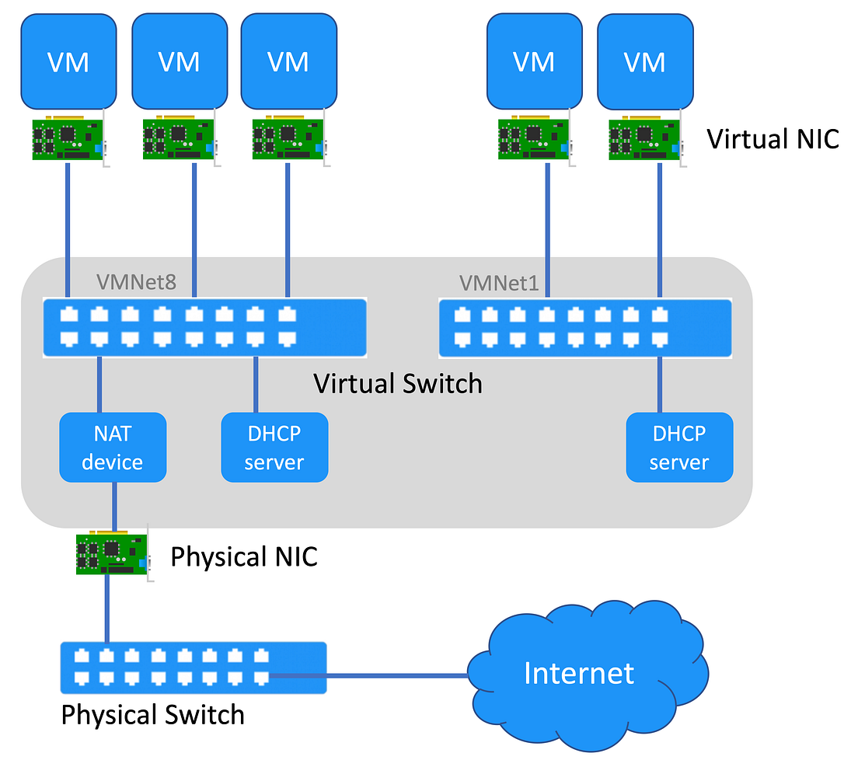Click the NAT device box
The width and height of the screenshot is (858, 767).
pyautogui.click(x=113, y=447)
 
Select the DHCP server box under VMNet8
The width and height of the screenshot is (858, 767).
pyautogui.click(x=274, y=447)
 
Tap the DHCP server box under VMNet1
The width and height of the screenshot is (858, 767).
pyautogui.click(x=679, y=447)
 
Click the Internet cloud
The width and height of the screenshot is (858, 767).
pyautogui.click(x=579, y=674)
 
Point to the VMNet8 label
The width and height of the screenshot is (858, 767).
pyautogui.click(x=137, y=281)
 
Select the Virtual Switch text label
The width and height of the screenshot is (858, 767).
pyautogui.click(x=397, y=384)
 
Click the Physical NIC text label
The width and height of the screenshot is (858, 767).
pyautogui.click(x=244, y=556)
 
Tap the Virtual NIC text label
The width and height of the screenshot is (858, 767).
pyautogui.click(x=773, y=139)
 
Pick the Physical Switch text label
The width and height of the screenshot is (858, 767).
pyautogui.click(x=153, y=714)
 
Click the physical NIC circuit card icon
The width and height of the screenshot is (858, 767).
pyautogui.click(x=111, y=554)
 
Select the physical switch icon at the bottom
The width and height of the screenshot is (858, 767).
pyautogui.click(x=194, y=667)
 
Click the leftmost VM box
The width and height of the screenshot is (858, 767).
pyautogui.click(x=68, y=61)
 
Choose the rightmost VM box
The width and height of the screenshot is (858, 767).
pyautogui.click(x=644, y=61)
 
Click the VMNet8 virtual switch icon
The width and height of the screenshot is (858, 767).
pyautogui.click(x=204, y=327)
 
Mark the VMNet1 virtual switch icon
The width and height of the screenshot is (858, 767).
pyautogui.click(x=584, y=327)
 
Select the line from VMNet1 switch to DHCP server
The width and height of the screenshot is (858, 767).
pyautogui.click(x=660, y=384)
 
